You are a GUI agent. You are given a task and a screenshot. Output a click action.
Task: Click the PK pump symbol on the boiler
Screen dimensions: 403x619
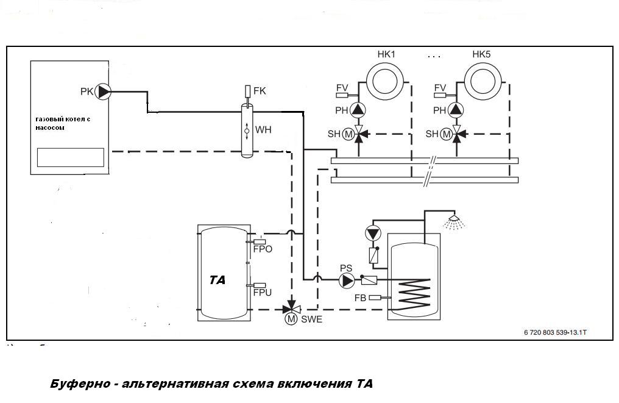[105, 91]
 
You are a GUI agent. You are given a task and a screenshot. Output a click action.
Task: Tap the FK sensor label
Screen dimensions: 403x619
[260, 91]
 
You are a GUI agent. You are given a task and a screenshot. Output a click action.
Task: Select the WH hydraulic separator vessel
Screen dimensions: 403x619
[247, 129]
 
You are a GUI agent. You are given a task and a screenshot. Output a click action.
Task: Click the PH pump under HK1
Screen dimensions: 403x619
[358, 110]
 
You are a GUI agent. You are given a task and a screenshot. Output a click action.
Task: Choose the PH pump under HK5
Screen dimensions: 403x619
[456, 110]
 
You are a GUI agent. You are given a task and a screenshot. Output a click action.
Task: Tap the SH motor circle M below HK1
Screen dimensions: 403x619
[348, 134]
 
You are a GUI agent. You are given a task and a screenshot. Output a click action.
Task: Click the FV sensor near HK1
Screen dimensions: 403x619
[342, 88]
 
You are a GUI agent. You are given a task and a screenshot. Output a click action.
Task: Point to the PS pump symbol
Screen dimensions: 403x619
[347, 280]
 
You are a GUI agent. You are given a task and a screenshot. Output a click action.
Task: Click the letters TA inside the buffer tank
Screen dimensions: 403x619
[218, 280]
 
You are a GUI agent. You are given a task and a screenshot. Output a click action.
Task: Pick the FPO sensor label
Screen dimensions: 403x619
[263, 249]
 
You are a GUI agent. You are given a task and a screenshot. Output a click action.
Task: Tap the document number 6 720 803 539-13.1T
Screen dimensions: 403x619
[558, 333]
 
